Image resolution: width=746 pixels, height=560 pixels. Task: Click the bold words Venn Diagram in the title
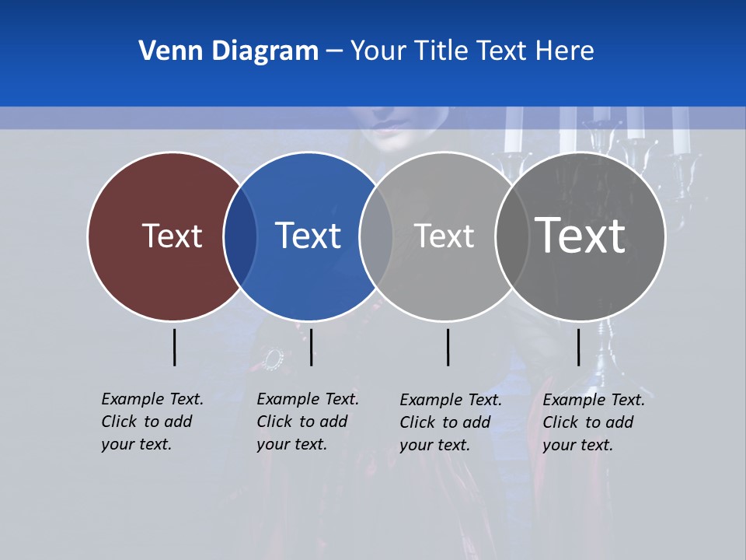[x=228, y=51]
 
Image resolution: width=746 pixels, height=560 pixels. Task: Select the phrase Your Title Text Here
[x=472, y=51]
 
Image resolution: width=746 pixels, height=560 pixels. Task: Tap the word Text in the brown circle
[x=172, y=236]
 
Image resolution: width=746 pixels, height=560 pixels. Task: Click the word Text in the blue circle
[x=308, y=236]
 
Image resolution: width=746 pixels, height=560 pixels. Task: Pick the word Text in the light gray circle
[x=444, y=236]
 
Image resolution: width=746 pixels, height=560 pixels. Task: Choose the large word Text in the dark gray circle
[x=580, y=235]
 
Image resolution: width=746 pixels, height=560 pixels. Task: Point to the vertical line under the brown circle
[x=174, y=347]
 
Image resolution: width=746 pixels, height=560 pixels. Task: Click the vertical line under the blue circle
[x=311, y=347]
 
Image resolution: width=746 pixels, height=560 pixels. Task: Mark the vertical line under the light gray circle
[x=448, y=347]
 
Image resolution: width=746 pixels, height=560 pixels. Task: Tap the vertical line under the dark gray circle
[x=578, y=347]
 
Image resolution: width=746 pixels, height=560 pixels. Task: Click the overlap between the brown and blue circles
[x=240, y=236]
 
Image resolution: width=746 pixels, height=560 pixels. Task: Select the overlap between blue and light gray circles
[x=376, y=236]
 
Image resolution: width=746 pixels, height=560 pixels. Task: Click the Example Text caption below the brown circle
[x=152, y=422]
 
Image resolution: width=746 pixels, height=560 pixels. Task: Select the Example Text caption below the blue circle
[x=308, y=422]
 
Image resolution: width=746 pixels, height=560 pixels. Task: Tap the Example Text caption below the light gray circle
[x=451, y=422]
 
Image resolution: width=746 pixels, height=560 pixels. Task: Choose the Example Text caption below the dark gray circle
[x=594, y=422]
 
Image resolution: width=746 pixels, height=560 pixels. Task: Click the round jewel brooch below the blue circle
[x=272, y=359]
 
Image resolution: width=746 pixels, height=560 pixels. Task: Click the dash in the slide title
[x=334, y=52]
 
